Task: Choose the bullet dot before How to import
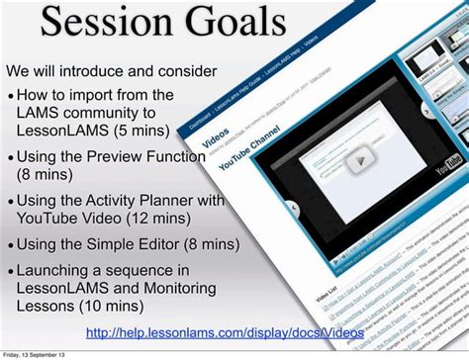pos(10,96)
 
